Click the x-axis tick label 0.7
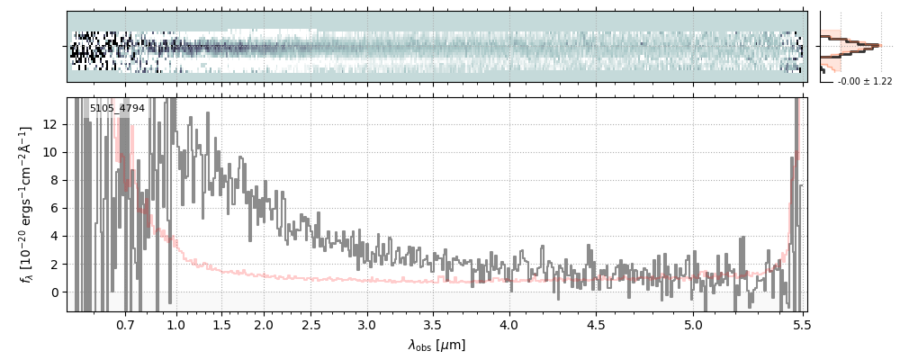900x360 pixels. coord(125,323)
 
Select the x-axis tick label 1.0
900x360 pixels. coord(176,323)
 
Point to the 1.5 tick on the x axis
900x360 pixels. coord(221,323)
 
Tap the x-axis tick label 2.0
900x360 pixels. coord(264,323)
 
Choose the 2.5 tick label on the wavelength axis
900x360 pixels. coord(310,323)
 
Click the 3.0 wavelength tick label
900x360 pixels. coord(367,323)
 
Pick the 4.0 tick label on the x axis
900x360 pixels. coord(509,323)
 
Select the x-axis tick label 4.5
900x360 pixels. coord(597,323)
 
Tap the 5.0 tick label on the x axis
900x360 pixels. coord(694,323)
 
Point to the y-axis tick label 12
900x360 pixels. coord(51,124)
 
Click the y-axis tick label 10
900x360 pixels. coord(51,152)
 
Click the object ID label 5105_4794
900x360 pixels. coord(117,109)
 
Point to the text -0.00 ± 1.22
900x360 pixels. coord(865,82)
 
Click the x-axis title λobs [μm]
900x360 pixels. coord(436,345)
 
